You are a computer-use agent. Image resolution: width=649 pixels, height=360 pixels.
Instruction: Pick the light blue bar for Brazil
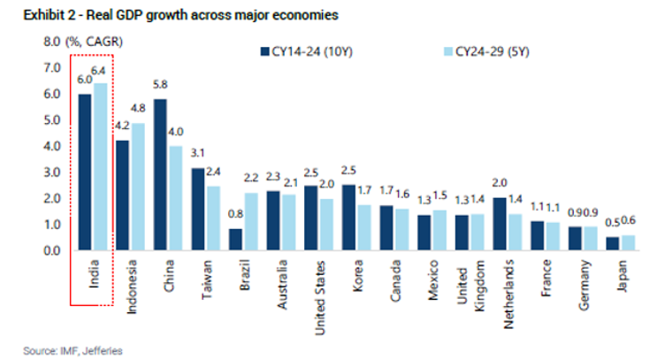pos(250,221)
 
